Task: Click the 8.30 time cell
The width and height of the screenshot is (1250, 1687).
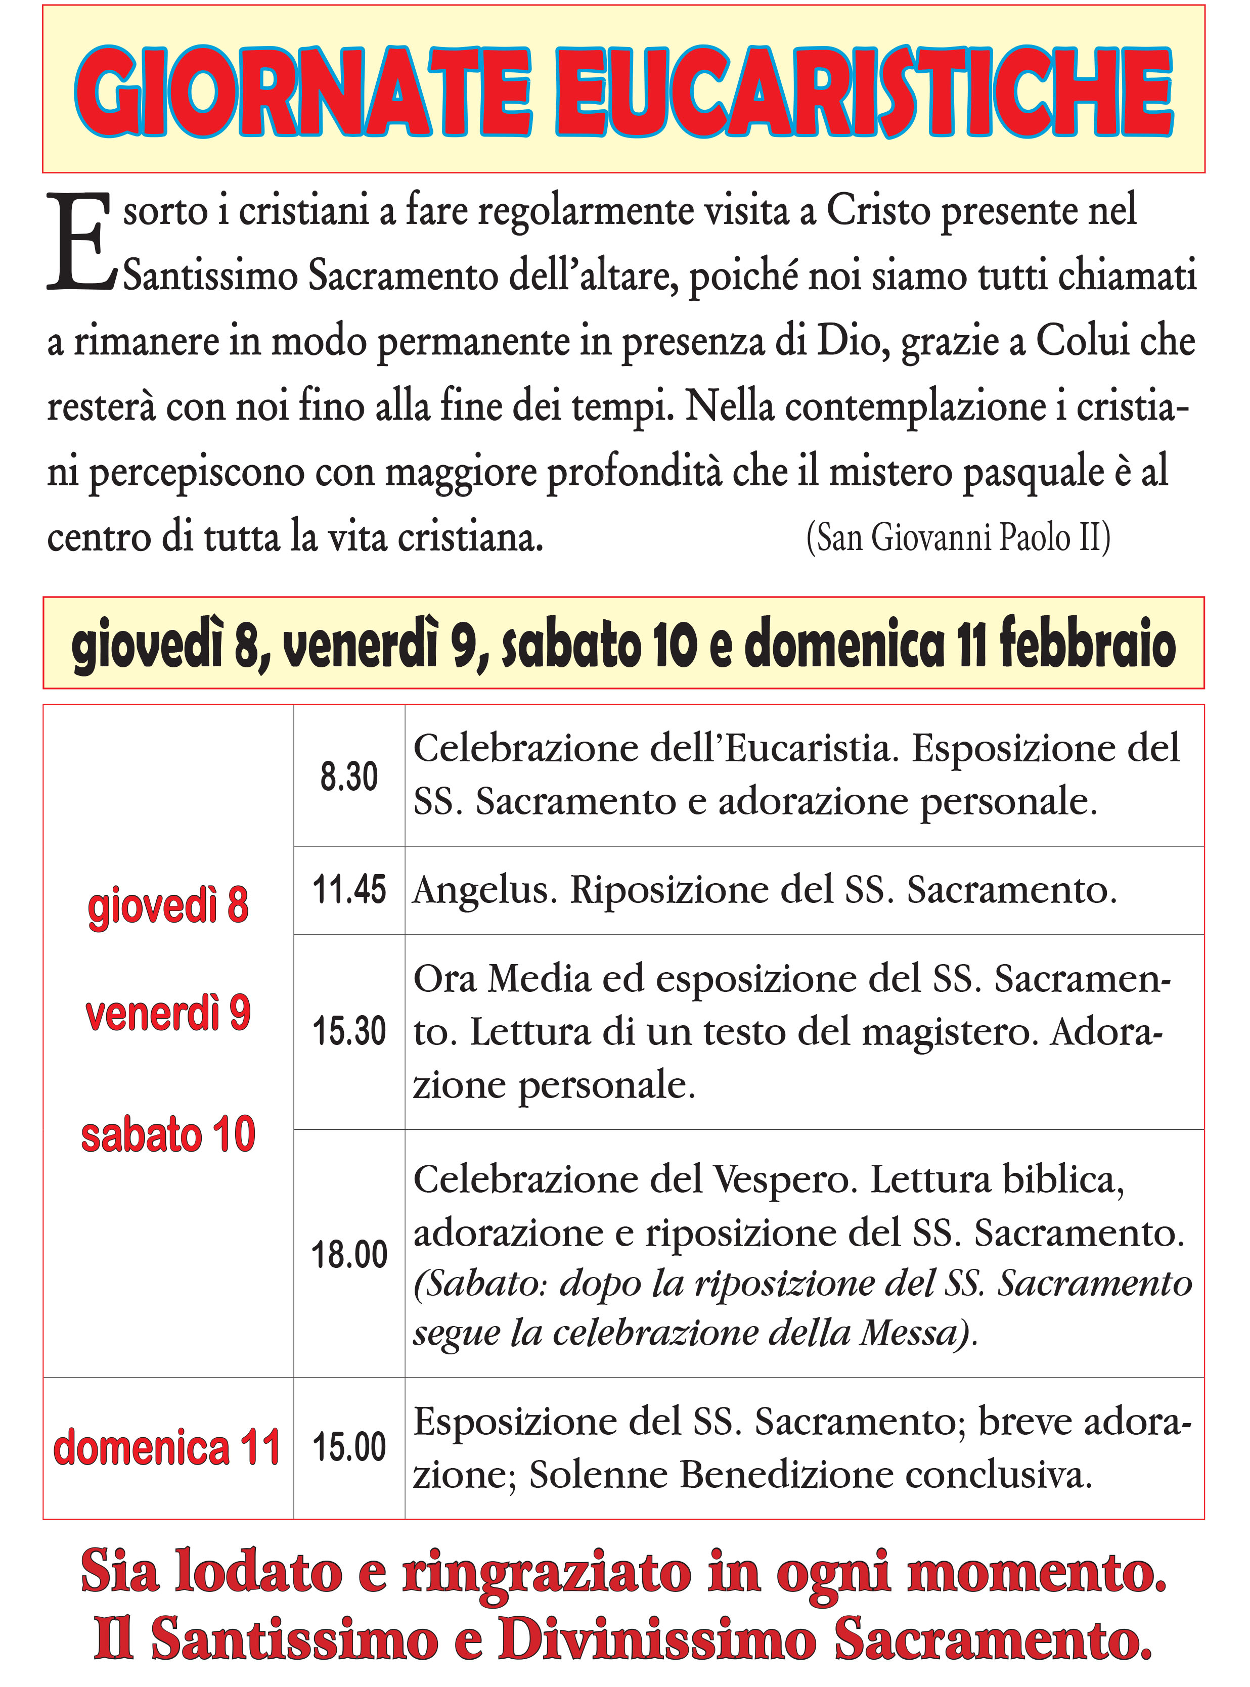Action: coord(349,777)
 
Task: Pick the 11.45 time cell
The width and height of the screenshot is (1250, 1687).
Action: coord(349,890)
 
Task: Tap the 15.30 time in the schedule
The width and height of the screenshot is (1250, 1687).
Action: coord(349,1032)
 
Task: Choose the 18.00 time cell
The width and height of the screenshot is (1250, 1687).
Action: coord(349,1254)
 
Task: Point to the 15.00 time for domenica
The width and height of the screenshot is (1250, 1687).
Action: coord(349,1447)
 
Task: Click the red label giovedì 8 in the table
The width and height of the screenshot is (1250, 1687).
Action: coord(168,905)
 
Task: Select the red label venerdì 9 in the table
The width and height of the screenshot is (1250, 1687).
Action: coord(168,1013)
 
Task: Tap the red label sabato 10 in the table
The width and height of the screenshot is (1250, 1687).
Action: coord(168,1135)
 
